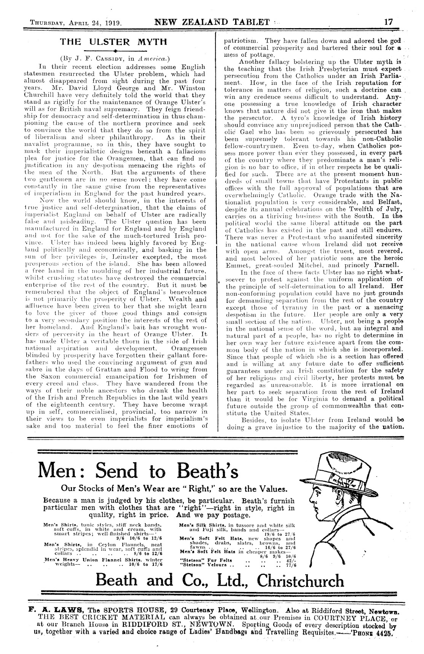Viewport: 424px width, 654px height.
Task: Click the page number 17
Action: [388, 22]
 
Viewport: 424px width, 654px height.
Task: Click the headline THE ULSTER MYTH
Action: [113, 42]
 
